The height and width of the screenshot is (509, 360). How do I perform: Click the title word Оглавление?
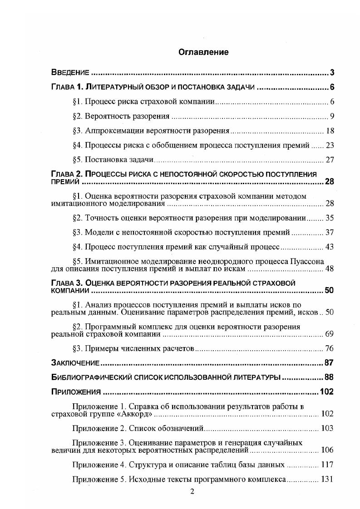pyautogui.click(x=203, y=52)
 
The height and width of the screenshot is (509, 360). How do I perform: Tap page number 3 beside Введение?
pyautogui.click(x=332, y=73)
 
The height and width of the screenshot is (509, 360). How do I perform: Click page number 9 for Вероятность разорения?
pyautogui.click(x=332, y=116)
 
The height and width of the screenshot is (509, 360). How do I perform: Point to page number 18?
pyautogui.click(x=330, y=131)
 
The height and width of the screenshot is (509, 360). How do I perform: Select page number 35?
pyautogui.click(x=330, y=218)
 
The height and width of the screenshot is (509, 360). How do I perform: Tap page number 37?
pyautogui.click(x=330, y=232)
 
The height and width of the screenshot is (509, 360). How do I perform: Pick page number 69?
pyautogui.click(x=330, y=334)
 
